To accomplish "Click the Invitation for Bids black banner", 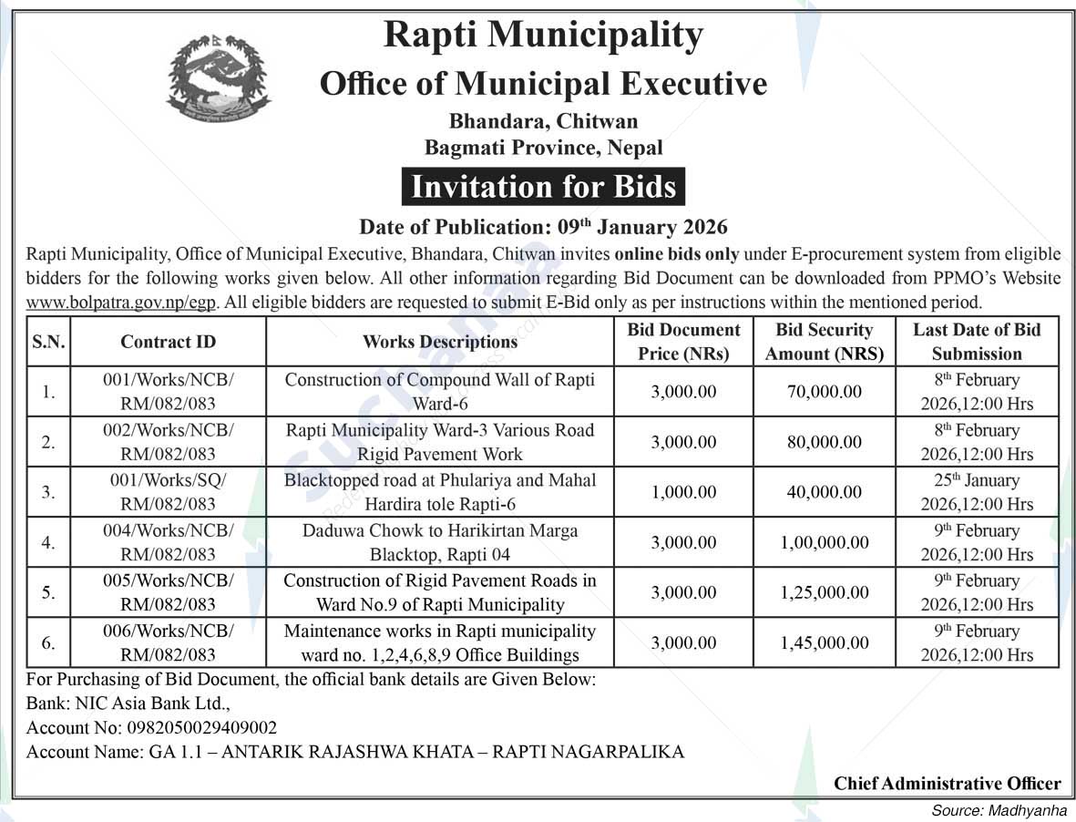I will (x=543, y=187).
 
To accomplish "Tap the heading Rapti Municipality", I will (x=543, y=36).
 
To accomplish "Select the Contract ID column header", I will (x=169, y=342).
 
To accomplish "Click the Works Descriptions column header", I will (x=440, y=342).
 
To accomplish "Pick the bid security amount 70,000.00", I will (x=825, y=392).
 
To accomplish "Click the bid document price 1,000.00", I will (x=683, y=492).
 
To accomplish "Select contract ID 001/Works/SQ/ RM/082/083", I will (x=169, y=492).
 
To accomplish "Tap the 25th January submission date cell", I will (x=977, y=492).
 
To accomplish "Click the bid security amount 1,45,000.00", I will (x=825, y=642).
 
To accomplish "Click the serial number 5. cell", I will (x=49, y=592).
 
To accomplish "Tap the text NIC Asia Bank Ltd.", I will (x=150, y=704).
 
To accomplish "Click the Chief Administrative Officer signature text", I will (x=948, y=784).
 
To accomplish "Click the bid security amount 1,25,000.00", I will (x=825, y=592).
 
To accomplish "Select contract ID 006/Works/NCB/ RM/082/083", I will (x=169, y=642).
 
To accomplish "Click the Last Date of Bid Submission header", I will (x=977, y=342).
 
